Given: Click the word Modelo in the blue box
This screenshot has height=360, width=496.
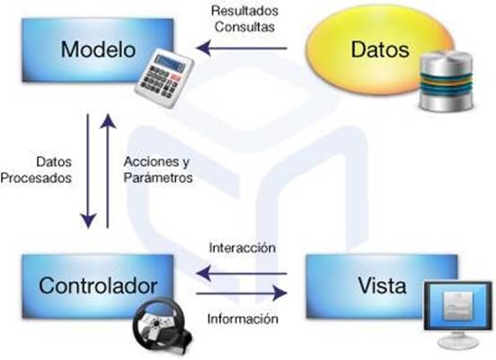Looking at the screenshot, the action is pos(98,49).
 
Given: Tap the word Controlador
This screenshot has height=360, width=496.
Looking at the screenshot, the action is pos(98,285).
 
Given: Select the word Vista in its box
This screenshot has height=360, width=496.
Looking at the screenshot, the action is pos(382,285).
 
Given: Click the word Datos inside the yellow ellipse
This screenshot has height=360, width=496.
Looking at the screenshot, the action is pos(380,49).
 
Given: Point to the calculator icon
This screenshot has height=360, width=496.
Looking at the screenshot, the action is pos(164,79).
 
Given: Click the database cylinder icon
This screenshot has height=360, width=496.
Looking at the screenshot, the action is pos(446,81).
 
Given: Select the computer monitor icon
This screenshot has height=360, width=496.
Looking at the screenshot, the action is pos(457,314).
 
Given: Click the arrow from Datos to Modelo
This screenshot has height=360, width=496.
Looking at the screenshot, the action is pos(242,48).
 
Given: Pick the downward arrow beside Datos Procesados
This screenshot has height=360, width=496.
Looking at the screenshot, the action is pos(88,171).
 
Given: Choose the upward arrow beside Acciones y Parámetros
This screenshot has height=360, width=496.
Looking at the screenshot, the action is pos(108,171).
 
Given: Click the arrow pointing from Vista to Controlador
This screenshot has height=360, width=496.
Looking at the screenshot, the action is pos(242,274).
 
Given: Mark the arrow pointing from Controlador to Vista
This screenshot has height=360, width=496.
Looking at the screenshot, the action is pos(242,294).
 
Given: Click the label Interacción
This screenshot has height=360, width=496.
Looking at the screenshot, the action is pos(243,248).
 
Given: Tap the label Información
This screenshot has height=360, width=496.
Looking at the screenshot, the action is pos(243,319).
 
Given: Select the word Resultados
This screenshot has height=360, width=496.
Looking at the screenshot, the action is pos(244,11).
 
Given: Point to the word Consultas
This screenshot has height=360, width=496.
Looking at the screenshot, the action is pos(244,27).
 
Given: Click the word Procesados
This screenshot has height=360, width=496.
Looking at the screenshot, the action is pos(36,178).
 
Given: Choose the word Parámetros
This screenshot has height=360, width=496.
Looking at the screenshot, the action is pos(158,178).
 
